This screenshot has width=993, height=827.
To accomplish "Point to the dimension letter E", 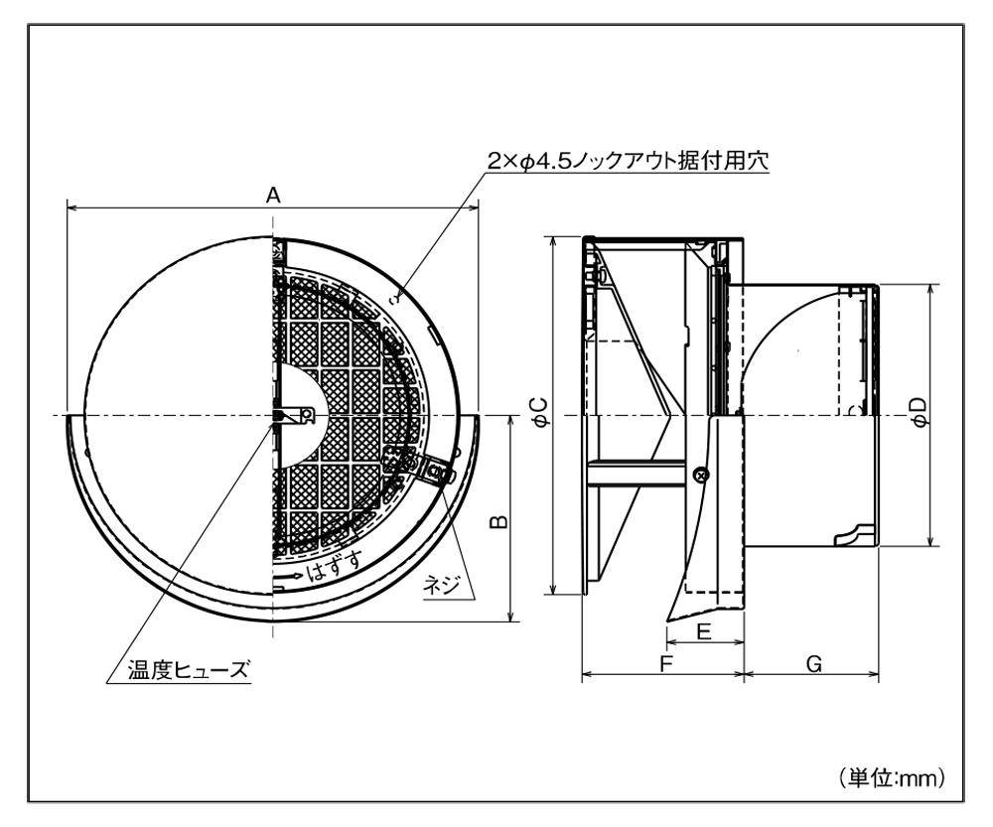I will click(x=703, y=632).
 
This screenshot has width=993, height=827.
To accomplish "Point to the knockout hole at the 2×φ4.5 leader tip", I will click(x=399, y=295).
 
